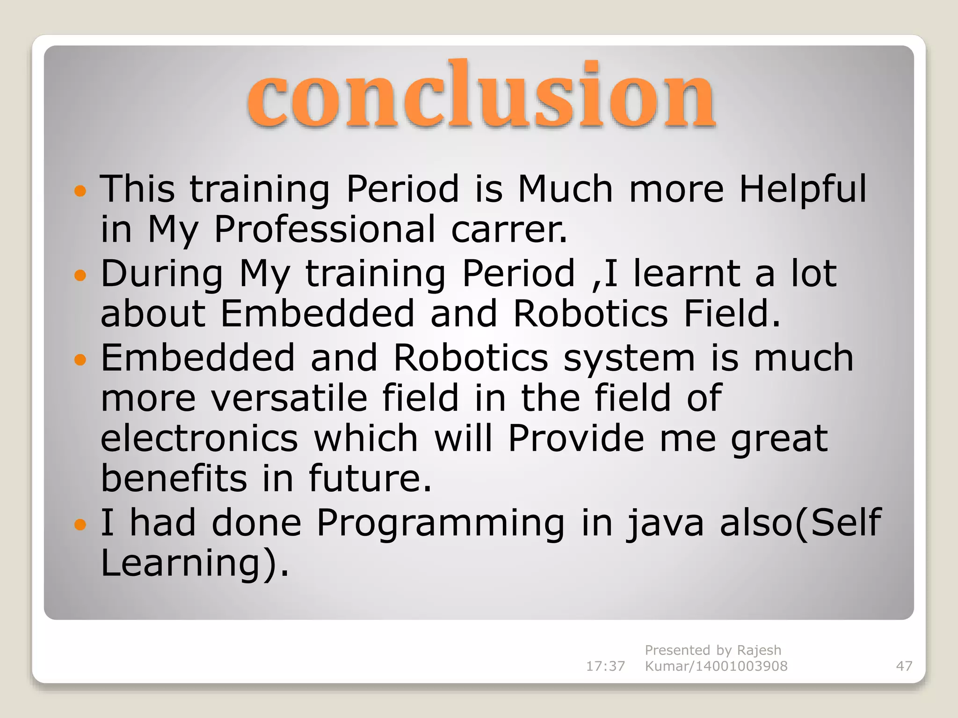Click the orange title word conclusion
pyautogui.click(x=481, y=96)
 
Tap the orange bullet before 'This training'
pyautogui.click(x=80, y=191)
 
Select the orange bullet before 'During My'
pyautogui.click(x=80, y=275)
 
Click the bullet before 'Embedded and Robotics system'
pyautogui.click(x=80, y=359)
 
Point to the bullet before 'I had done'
pyautogui.click(x=80, y=524)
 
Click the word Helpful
pyautogui.click(x=803, y=189)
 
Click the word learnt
pyautogui.click(x=686, y=273)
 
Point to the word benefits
pyautogui.click(x=174, y=479)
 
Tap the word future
pyautogui.click(x=370, y=479)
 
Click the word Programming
pyautogui.click(x=441, y=523)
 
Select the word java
pyautogui.click(x=665, y=523)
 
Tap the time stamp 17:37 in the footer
pyautogui.click(x=605, y=666)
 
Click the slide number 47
pyautogui.click(x=904, y=666)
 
